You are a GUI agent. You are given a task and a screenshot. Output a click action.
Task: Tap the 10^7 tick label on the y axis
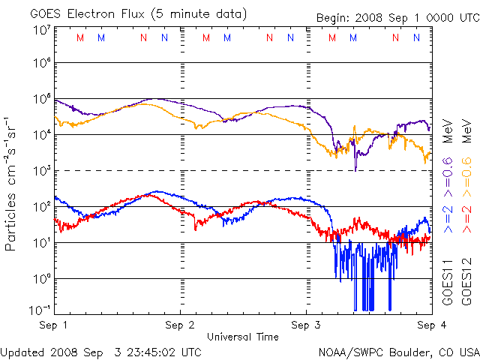point(40,31)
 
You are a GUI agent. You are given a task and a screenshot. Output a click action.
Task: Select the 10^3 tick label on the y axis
point(40,171)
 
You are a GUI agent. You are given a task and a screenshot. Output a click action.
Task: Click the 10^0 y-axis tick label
point(40,278)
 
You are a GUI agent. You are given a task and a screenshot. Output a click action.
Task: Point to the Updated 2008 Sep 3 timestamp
point(100,351)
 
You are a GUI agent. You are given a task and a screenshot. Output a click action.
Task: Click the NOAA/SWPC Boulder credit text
point(398,351)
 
